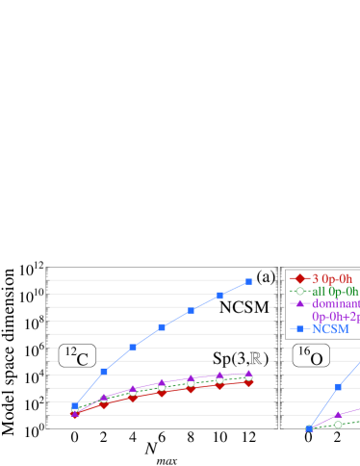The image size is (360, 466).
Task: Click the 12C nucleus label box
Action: [x=77, y=357]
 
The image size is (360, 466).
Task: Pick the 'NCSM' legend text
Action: [x=330, y=329]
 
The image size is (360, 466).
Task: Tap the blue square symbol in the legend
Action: [x=299, y=329]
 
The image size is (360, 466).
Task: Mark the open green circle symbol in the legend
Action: [x=299, y=291]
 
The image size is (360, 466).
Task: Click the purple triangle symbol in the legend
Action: [x=299, y=303]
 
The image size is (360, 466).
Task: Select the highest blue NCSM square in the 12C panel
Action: [x=249, y=281]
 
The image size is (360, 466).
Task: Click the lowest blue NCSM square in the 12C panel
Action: [x=75, y=405]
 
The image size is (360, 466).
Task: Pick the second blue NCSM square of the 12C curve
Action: [x=104, y=371]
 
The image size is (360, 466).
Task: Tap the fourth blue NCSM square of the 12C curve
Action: [x=162, y=327]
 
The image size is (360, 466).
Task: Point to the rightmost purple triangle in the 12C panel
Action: [x=249, y=373]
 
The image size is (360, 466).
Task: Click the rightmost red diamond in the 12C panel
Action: [x=249, y=382]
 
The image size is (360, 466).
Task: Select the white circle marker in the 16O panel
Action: [x=338, y=424]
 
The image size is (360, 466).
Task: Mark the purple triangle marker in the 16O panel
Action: [x=338, y=414]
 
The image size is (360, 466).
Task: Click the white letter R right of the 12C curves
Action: [x=256, y=358]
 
